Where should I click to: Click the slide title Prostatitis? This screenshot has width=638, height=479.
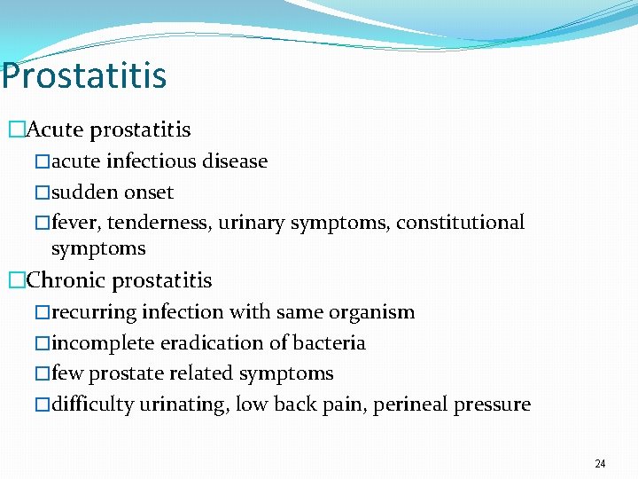83,76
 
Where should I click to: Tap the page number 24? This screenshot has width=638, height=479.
600,464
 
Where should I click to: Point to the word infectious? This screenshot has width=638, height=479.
152,161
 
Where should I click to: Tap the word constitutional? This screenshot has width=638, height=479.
460,223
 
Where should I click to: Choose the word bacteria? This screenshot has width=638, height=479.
332,343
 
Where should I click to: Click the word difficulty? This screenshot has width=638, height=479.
92,405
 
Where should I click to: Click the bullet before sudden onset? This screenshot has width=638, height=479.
43,192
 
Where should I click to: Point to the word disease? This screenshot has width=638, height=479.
233,161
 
